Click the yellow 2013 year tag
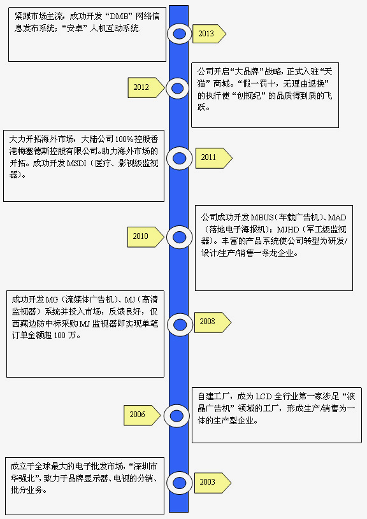click(209, 33)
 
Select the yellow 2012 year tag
click(146, 88)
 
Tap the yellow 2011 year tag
click(213, 158)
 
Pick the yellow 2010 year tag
click(146, 237)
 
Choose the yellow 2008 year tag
click(212, 322)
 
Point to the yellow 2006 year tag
click(142, 415)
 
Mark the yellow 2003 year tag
click(212, 483)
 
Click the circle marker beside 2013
click(179, 33)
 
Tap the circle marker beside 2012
click(178, 88)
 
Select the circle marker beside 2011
click(179, 159)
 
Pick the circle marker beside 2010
click(180, 237)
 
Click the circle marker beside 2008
click(180, 325)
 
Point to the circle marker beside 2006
click(176, 416)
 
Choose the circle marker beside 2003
click(179, 483)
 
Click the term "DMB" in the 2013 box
click(119, 16)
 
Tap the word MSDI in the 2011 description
click(76, 163)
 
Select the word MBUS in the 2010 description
click(262, 217)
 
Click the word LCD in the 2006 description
click(264, 397)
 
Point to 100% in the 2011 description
click(124, 139)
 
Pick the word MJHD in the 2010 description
click(288, 229)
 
